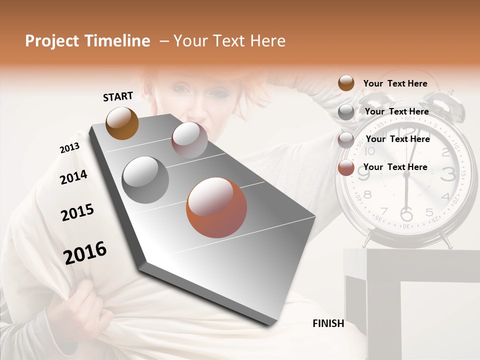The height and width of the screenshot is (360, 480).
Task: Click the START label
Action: (118, 96)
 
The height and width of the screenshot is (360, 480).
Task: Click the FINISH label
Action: (328, 323)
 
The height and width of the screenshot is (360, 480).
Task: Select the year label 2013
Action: (69, 148)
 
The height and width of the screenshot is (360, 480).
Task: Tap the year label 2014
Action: (73, 177)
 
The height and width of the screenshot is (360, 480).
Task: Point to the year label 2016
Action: (85, 253)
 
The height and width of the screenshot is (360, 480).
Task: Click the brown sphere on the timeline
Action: (122, 123)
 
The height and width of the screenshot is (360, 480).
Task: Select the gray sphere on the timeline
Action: (145, 180)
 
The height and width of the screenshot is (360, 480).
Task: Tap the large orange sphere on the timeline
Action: (216, 207)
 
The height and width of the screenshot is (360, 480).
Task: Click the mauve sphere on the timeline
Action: (189, 140)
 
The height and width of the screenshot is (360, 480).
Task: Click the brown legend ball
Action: (346, 83)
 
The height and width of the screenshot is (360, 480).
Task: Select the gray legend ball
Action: (346, 112)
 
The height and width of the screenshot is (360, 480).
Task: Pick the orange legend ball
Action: (346, 168)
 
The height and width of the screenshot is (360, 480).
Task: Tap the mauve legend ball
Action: (346, 140)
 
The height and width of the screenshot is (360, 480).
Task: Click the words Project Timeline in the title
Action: (87, 41)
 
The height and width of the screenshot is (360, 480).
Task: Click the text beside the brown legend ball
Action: (395, 83)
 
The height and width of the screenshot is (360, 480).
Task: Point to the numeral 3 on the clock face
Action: (448, 173)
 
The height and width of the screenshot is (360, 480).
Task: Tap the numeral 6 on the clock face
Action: (406, 213)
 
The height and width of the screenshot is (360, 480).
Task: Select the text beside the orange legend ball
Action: (395, 167)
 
